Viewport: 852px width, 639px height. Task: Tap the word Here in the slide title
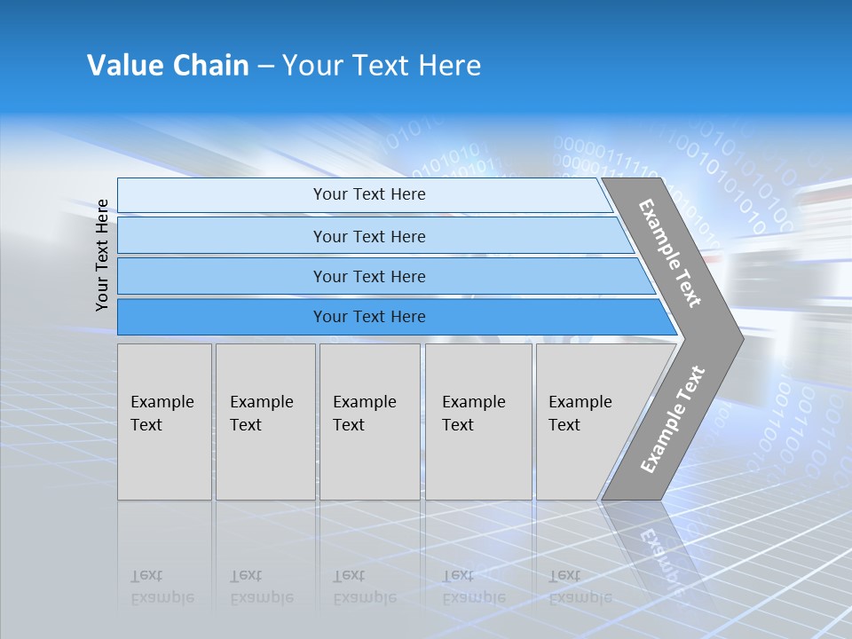pyautogui.click(x=449, y=66)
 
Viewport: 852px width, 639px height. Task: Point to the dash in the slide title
pyautogui.click(x=265, y=67)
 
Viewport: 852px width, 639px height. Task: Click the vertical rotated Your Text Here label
pyautogui.click(x=102, y=255)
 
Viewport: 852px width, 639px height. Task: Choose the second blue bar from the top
pyautogui.click(x=369, y=236)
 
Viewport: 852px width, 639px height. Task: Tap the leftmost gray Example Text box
pyautogui.click(x=164, y=422)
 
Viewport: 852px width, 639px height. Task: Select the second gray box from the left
pyautogui.click(x=264, y=422)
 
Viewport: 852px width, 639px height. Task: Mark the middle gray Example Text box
pyautogui.click(x=369, y=422)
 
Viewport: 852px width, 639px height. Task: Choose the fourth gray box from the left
pyautogui.click(x=477, y=422)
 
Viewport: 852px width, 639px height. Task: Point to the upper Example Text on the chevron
pyautogui.click(x=670, y=254)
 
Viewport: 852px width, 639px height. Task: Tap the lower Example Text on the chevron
pyautogui.click(x=673, y=419)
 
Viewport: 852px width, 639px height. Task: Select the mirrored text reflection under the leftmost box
pyautogui.click(x=162, y=587)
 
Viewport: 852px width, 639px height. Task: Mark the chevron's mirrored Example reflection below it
pyautogui.click(x=661, y=559)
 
